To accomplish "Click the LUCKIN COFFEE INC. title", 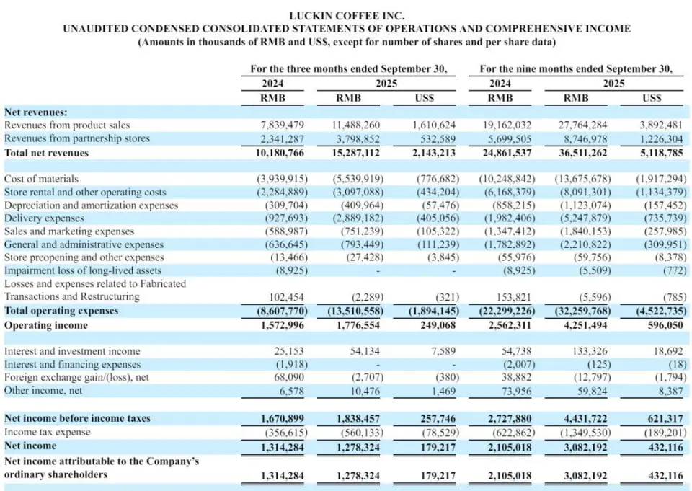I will point(346,15).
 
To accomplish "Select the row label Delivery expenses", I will point(44,218).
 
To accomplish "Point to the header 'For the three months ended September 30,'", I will point(348,69).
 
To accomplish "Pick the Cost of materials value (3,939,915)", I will point(282,179).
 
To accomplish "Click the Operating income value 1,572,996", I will point(283,325).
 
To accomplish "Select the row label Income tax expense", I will point(48,432).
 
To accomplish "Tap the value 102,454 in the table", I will point(285,297).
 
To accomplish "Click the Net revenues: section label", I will point(36,112).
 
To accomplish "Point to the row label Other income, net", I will point(43,390).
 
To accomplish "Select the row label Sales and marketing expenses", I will point(69,231).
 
